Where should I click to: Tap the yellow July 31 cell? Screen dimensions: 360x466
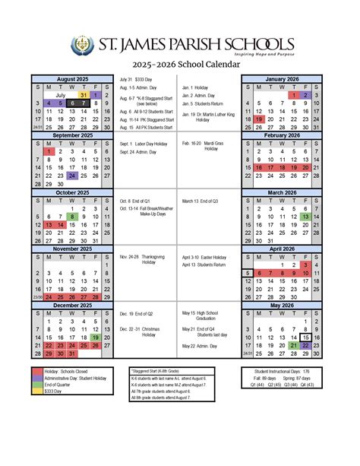pos(84,95)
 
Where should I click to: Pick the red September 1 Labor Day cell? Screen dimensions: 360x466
pos(49,152)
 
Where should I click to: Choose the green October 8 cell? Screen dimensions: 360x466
pos(72,217)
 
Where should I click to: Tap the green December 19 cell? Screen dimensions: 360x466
pos(95,337)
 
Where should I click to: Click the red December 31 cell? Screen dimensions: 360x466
pos(72,353)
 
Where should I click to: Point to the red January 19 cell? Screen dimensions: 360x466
pos(259,119)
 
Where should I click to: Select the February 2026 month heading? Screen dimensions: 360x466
pos(283,135)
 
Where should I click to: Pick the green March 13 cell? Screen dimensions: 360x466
pos(305,217)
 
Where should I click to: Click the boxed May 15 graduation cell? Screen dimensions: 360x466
pos(305,337)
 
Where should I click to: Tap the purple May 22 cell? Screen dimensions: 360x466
pos(305,345)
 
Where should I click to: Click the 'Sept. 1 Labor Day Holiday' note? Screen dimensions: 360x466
pos(144,143)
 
